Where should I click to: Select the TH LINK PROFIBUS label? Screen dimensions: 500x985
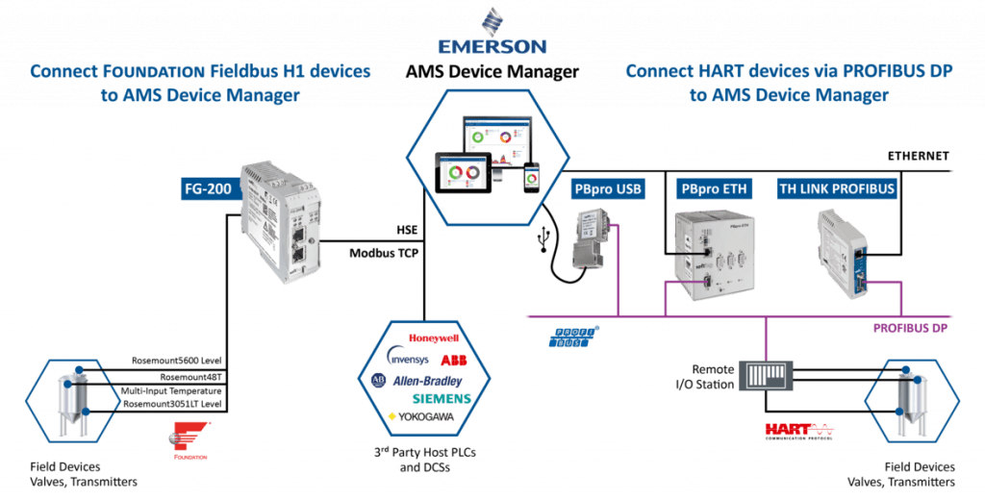836,188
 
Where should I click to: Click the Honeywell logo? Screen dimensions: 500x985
436,338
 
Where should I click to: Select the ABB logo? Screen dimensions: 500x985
453,360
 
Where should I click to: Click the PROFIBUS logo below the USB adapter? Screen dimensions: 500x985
573,335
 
